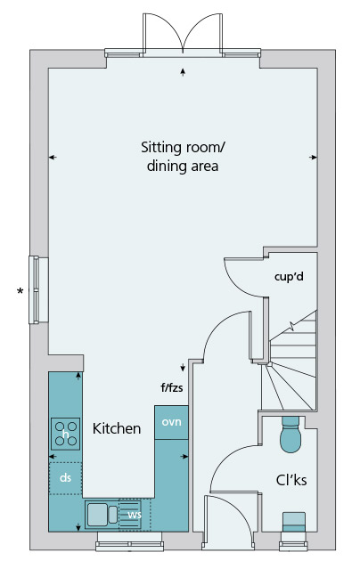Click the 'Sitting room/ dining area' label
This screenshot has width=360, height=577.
[183, 157]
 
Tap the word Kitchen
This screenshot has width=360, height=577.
[117, 428]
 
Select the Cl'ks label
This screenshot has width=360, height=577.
[291, 480]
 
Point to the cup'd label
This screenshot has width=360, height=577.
[289, 276]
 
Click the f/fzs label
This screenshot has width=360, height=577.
[171, 387]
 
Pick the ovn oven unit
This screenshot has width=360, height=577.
[171, 422]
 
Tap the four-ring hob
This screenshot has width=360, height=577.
[66, 434]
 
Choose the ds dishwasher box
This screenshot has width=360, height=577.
[66, 478]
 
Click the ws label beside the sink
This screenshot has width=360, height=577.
[135, 514]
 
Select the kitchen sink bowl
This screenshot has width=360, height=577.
[97, 514]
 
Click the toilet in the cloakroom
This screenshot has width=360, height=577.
[290, 435]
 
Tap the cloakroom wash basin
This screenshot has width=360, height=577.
[293, 522]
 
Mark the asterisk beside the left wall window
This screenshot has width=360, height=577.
[20, 291]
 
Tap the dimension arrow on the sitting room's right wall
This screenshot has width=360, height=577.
[313, 158]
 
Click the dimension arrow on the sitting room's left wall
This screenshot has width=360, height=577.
[53, 158]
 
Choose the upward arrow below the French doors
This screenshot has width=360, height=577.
[183, 72]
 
